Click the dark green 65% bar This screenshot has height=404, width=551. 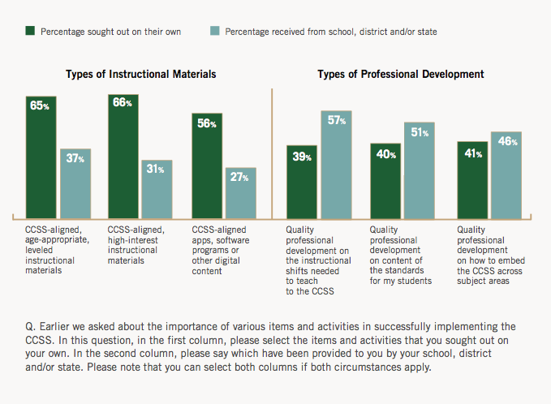tap(41, 157)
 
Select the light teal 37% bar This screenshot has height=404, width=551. tap(75, 183)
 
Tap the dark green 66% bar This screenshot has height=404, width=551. tap(123, 157)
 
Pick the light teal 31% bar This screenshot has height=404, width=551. tap(157, 189)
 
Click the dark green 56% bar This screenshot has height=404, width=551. tap(207, 166)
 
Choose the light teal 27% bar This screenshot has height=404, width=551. tap(239, 193)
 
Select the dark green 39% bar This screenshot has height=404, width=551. tap(302, 182)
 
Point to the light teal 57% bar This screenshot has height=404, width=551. tap(336, 165)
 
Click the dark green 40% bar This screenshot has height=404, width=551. tap(386, 181)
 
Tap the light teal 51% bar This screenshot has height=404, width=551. tap(420, 170)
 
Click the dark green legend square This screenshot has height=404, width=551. tap(29, 32)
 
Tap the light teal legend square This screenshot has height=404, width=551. tap(214, 32)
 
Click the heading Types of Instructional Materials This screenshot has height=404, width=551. tap(140, 74)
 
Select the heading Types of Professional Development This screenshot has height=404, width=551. tap(401, 74)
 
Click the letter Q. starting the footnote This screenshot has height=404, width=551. tap(30, 326)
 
